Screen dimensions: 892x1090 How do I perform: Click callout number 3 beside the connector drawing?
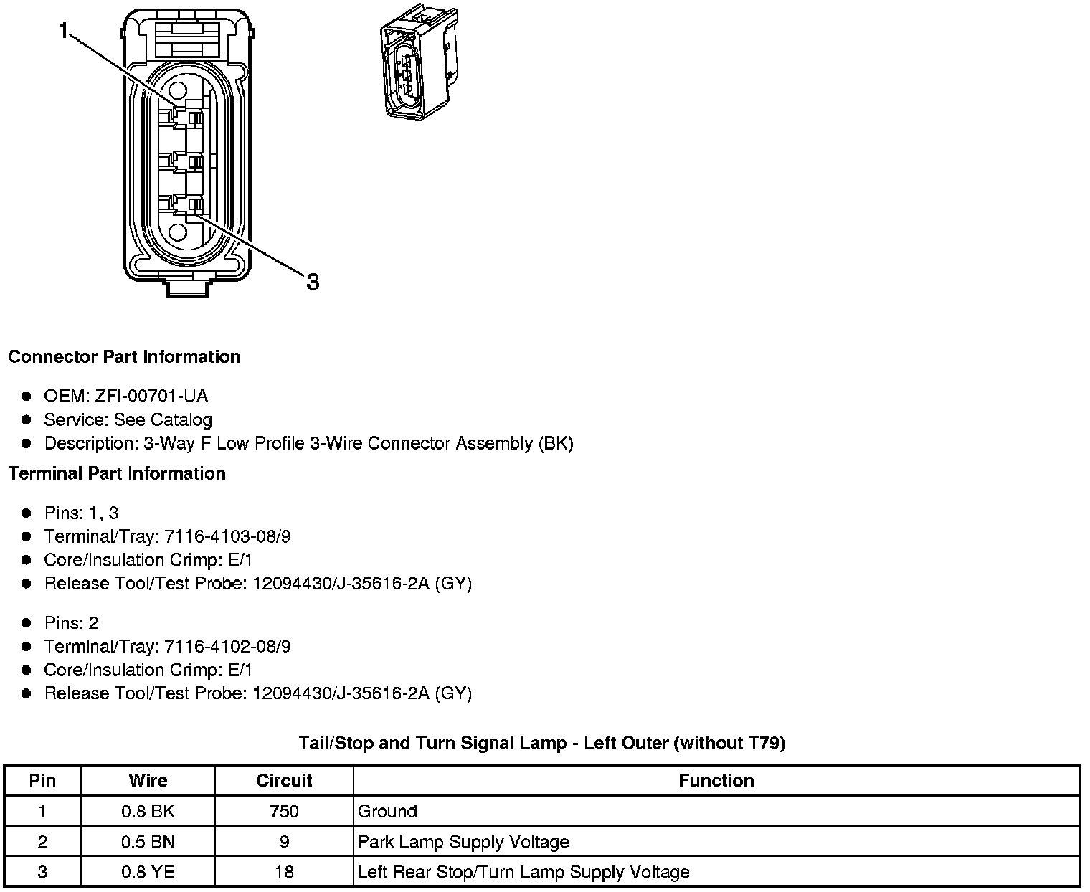(x=313, y=282)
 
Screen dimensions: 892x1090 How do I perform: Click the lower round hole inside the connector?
(x=177, y=232)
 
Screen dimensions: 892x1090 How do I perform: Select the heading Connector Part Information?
(x=124, y=357)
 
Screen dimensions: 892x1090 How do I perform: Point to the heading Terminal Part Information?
(x=117, y=474)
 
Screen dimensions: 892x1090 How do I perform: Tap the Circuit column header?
(x=284, y=781)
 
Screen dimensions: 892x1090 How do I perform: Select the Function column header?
(x=716, y=781)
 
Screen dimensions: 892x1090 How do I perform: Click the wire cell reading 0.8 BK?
(x=148, y=812)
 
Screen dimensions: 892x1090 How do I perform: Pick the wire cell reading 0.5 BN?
(x=148, y=842)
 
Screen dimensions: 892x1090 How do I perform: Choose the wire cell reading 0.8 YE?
(x=148, y=873)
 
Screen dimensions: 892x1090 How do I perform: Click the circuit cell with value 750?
(x=284, y=812)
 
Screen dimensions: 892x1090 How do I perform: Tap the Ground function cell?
(x=387, y=812)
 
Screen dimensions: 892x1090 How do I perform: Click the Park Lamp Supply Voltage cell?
(x=463, y=842)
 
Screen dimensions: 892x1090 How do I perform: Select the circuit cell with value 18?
(x=284, y=873)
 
